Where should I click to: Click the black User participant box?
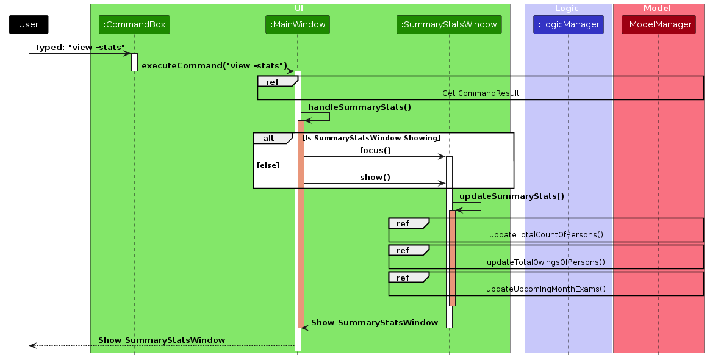pyautogui.click(x=29, y=25)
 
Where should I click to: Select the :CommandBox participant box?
pyautogui.click(x=134, y=25)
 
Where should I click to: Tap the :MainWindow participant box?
pyautogui.click(x=298, y=25)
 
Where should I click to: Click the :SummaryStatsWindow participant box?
pyautogui.click(x=449, y=25)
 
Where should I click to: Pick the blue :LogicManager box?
pyautogui.click(x=568, y=25)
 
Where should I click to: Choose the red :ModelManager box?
pyautogui.click(x=659, y=25)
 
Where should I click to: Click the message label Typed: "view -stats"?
pyautogui.click(x=79, y=48)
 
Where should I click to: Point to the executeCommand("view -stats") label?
pyautogui.click(x=214, y=65)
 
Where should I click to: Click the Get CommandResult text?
pyautogui.click(x=481, y=93)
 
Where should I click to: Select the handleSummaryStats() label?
pyautogui.click(x=359, y=107)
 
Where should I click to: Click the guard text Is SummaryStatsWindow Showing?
pyautogui.click(x=371, y=138)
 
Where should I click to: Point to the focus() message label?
pyautogui.click(x=375, y=150)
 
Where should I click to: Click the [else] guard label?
pyautogui.click(x=268, y=165)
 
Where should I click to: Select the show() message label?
pyautogui.click(x=375, y=178)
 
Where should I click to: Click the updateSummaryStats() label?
pyautogui.click(x=511, y=196)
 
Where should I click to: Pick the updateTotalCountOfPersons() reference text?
pyautogui.click(x=546, y=235)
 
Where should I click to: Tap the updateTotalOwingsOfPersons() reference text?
pyautogui.click(x=546, y=262)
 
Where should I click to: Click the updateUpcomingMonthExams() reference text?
pyautogui.click(x=546, y=289)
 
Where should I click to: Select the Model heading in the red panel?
pyautogui.click(x=657, y=9)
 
